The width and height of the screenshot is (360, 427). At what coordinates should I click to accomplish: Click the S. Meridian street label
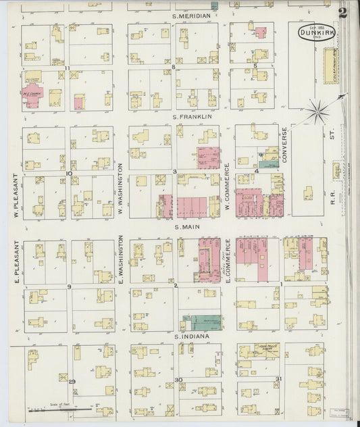[x=191, y=15]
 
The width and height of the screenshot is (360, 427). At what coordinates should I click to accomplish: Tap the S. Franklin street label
[x=192, y=116]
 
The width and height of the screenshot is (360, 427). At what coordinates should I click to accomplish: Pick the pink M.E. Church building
[x=31, y=94]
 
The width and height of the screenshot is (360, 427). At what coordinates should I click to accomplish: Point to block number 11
[x=68, y=68]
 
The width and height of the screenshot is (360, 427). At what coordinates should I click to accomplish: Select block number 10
[x=68, y=174]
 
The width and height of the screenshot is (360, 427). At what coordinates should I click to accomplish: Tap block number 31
[x=278, y=380]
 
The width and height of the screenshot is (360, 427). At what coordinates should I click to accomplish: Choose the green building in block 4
[x=268, y=163]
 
